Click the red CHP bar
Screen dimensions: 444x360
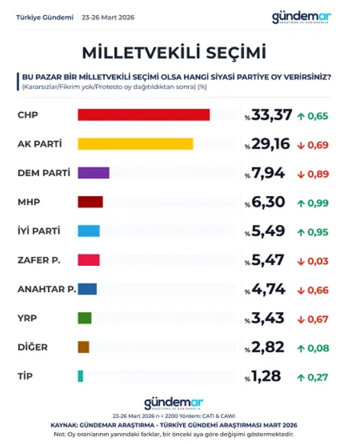tap(143, 115)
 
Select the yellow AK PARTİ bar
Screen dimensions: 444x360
tap(135, 144)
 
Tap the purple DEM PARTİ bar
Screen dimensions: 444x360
tap(94, 172)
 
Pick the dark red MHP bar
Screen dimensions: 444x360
tap(90, 202)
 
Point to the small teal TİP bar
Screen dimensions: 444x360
tap(80, 376)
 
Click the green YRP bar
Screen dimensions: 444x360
tap(85, 318)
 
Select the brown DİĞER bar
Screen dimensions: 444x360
tap(83, 347)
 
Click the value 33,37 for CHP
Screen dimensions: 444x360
tap(272, 115)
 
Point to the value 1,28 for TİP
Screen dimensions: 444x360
tap(266, 376)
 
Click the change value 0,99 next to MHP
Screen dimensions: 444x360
tap(318, 203)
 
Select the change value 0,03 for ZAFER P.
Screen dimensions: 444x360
tap(318, 261)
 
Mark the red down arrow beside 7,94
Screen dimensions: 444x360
tap(300, 174)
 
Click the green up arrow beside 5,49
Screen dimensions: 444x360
tap(300, 232)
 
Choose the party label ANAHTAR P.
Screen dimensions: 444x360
tap(46, 289)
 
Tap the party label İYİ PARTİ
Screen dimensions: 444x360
tap(40, 231)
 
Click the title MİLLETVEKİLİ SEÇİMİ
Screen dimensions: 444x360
tap(174, 51)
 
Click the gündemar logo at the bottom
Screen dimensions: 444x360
tap(173, 403)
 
